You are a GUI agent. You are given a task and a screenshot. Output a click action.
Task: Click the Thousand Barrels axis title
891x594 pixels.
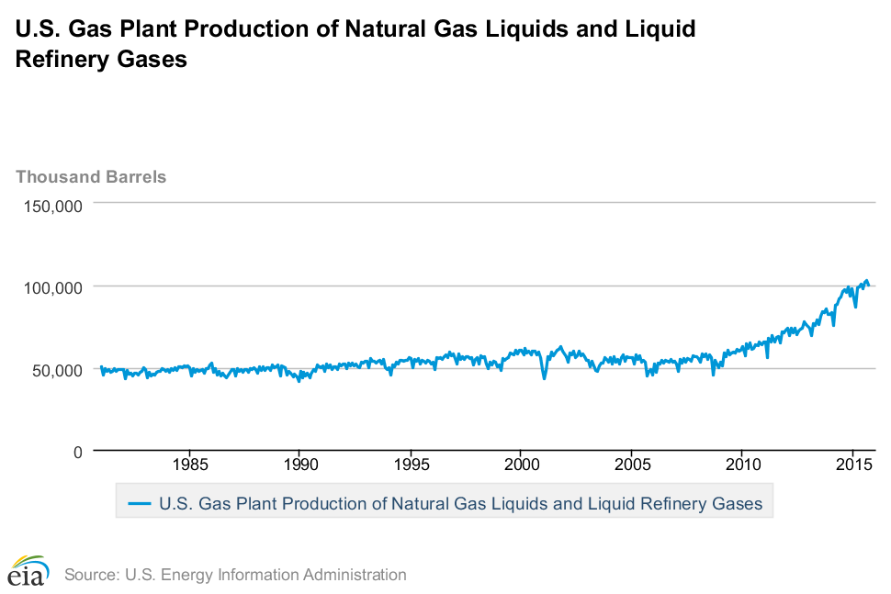click(91, 176)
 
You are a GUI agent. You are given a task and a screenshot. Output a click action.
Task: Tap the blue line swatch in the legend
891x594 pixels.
click(139, 503)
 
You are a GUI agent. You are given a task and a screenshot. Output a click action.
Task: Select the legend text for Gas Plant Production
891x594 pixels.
click(460, 503)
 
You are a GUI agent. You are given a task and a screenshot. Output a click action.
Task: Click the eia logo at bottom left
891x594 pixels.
click(28, 571)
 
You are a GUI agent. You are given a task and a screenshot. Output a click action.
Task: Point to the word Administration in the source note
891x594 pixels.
click(353, 575)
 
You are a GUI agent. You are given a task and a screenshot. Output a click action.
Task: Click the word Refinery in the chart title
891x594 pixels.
click(60, 60)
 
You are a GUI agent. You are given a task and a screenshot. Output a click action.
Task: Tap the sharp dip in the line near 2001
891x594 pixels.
click(544, 377)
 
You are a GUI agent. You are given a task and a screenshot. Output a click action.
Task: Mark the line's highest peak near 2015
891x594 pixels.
click(865, 281)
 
